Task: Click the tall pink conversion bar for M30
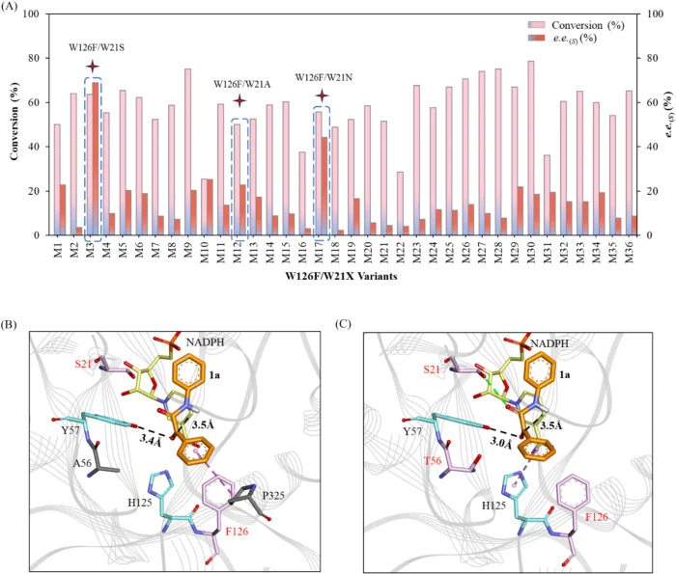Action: (531, 148)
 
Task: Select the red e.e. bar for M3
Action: (96, 158)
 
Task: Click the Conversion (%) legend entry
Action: (577, 25)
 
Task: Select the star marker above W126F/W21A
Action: (239, 101)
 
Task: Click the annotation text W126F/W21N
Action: (324, 77)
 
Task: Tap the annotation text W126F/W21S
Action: (97, 47)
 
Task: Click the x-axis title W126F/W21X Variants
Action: (341, 276)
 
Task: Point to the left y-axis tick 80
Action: (34, 58)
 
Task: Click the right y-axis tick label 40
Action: (653, 147)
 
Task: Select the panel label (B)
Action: (9, 325)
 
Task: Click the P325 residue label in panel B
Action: (273, 496)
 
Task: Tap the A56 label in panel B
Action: (82, 463)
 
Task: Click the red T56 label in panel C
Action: (433, 461)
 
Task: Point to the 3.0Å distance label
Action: (501, 444)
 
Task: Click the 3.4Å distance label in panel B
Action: (151, 441)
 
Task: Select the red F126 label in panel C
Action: (597, 517)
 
